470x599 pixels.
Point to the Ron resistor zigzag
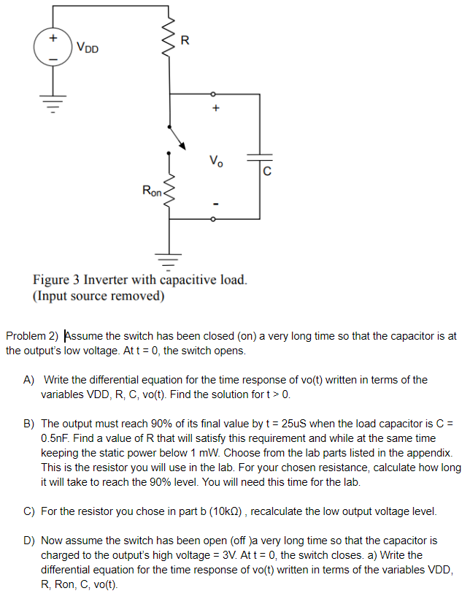pyautogui.click(x=170, y=191)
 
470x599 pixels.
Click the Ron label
pyautogui.click(x=153, y=191)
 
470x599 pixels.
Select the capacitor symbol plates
pyautogui.click(x=259, y=157)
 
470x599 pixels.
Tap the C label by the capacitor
pyautogui.click(x=267, y=172)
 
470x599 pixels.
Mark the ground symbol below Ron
pyautogui.click(x=170, y=259)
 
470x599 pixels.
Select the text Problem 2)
pyautogui.click(x=31, y=337)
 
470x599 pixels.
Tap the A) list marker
pyautogui.click(x=29, y=380)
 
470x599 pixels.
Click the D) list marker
pyautogui.click(x=29, y=541)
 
